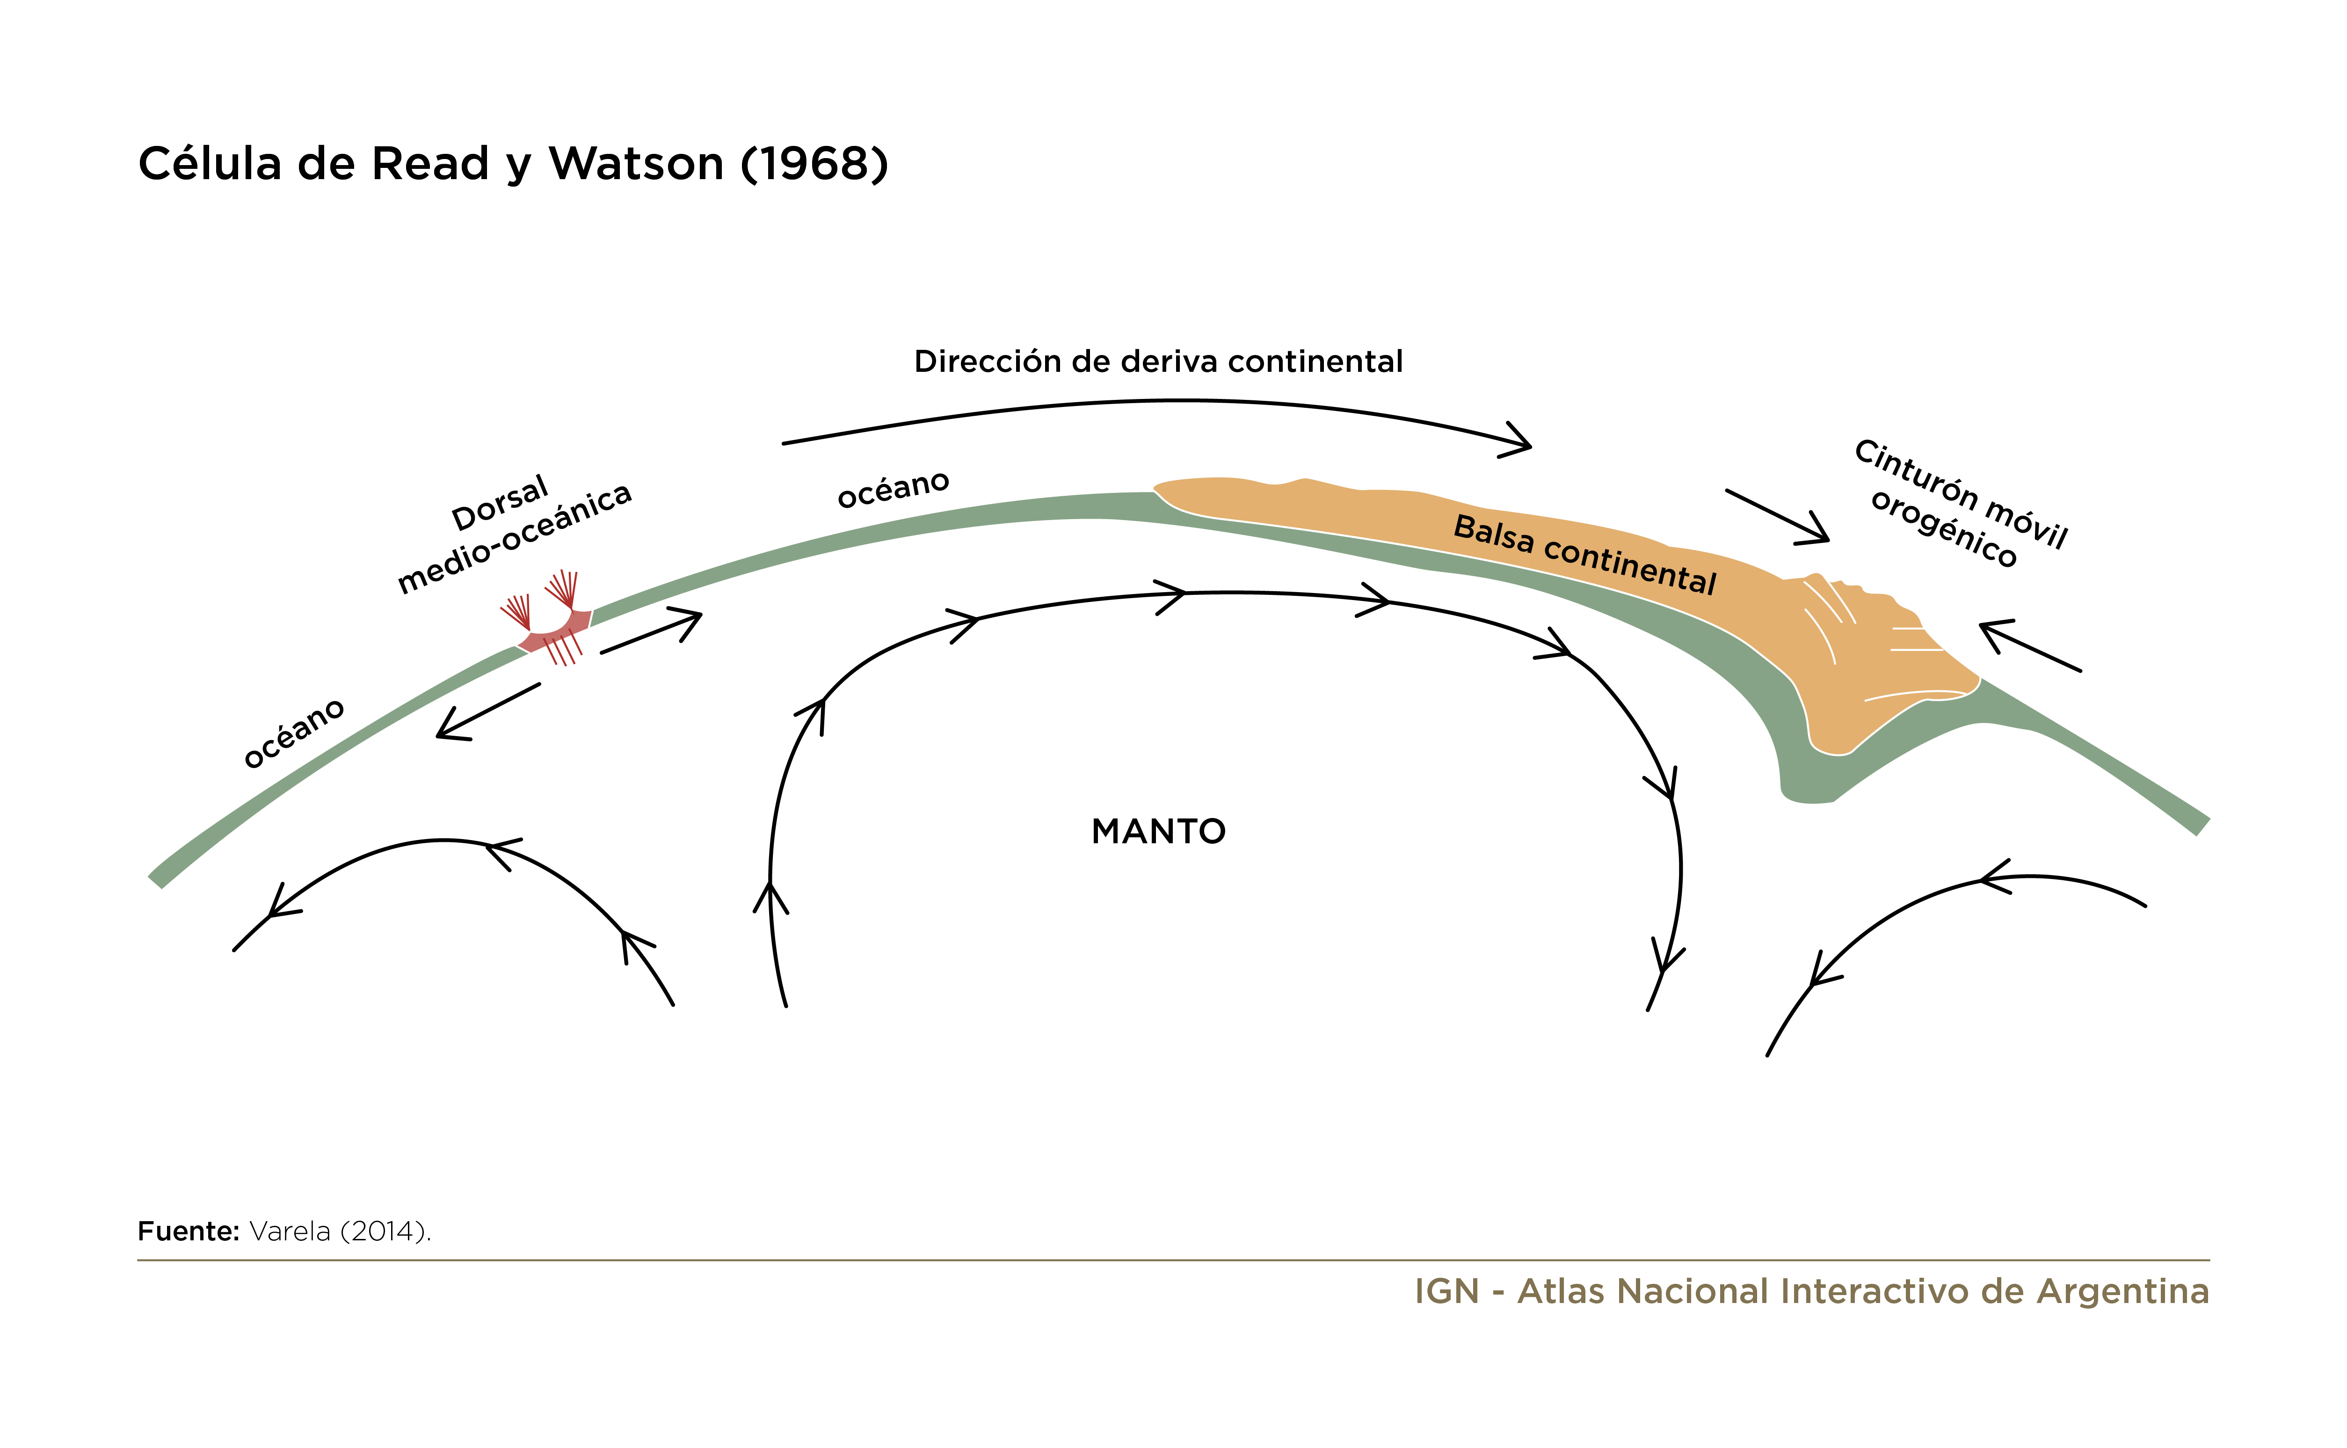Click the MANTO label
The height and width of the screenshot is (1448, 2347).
(1158, 831)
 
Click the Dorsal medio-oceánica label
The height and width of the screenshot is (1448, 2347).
(515, 534)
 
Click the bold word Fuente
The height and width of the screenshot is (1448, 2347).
(188, 1231)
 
